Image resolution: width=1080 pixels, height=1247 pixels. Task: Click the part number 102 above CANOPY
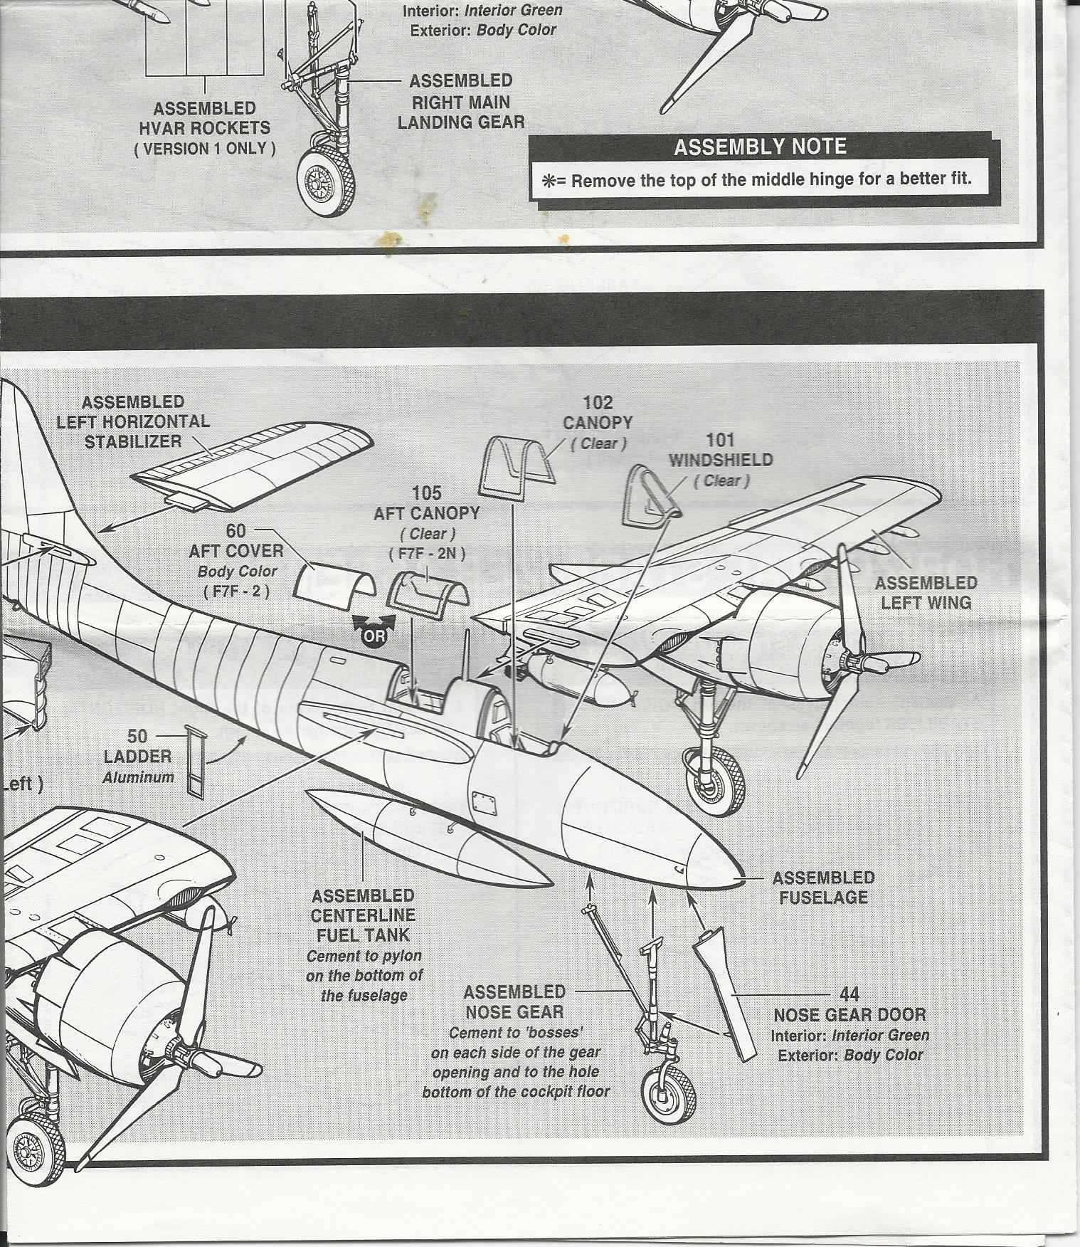(x=598, y=404)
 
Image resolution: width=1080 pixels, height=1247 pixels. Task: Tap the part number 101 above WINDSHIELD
(x=720, y=441)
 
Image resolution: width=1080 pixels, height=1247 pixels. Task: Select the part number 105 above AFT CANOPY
(x=427, y=493)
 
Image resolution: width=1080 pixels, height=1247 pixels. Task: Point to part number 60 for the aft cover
(x=236, y=531)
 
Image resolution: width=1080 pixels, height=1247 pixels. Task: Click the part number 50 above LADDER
(x=137, y=737)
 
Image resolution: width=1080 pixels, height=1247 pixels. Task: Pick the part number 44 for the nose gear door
(x=849, y=994)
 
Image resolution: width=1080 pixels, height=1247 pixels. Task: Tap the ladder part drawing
(x=195, y=760)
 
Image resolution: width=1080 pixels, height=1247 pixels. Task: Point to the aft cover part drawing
(x=334, y=580)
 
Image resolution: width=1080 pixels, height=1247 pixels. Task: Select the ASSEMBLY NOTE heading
(x=760, y=147)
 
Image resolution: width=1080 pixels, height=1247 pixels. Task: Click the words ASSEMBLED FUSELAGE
(x=823, y=888)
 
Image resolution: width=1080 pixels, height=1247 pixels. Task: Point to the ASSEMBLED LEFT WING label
(x=925, y=593)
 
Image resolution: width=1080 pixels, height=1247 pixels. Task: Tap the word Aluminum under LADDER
(x=138, y=777)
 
